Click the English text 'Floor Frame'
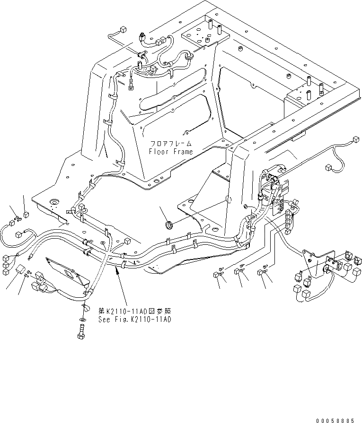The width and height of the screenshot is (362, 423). (171, 152)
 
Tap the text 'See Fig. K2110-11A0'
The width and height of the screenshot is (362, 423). (134, 319)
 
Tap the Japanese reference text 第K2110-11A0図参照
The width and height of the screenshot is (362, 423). (134, 311)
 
